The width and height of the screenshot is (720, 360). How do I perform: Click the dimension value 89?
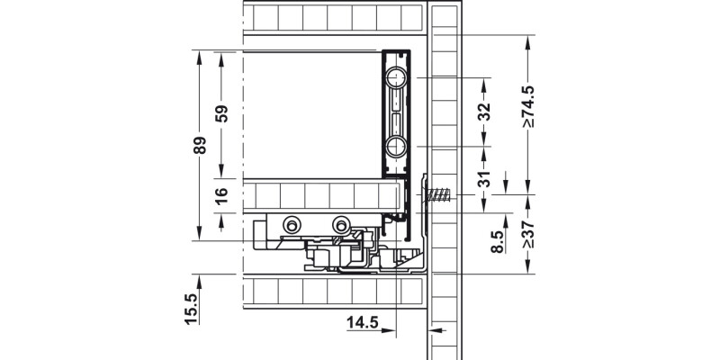pos(201,145)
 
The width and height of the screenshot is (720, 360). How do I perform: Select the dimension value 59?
pos(222,113)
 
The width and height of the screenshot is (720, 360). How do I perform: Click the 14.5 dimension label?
pos(360,320)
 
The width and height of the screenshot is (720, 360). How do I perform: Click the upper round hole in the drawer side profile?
pos(396,79)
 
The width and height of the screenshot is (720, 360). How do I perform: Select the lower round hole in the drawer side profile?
pos(396,147)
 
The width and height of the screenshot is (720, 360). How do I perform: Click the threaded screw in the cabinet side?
pos(438,195)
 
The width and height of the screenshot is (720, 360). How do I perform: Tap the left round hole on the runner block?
pos(292,225)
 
